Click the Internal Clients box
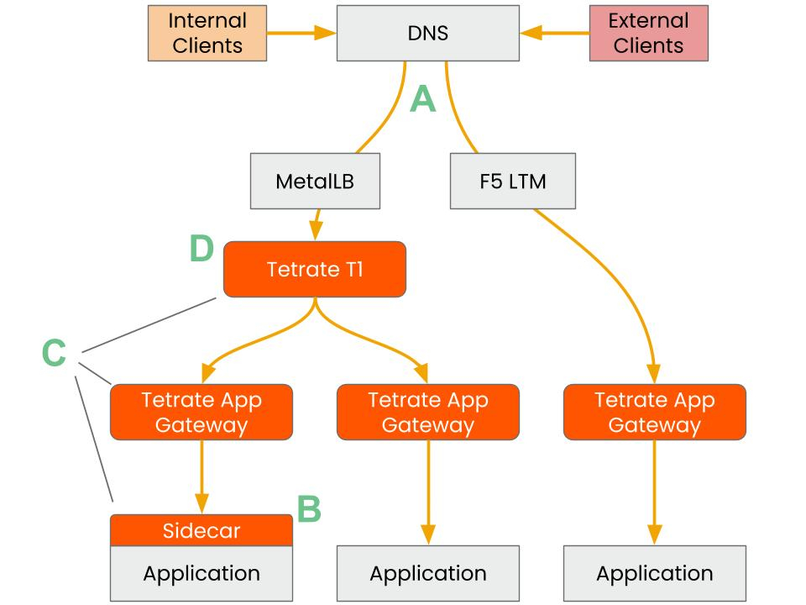click(x=207, y=34)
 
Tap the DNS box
click(x=427, y=34)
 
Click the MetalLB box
click(x=315, y=181)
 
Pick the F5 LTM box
click(x=513, y=181)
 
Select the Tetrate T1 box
click(x=315, y=270)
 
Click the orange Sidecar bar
click(x=201, y=530)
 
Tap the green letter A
click(x=423, y=100)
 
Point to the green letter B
click(x=309, y=508)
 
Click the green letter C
click(x=54, y=353)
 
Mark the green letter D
click(x=201, y=249)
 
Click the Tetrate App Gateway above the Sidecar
click(x=201, y=412)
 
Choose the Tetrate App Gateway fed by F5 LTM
click(x=654, y=412)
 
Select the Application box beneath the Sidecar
click(x=201, y=574)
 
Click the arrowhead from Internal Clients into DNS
click(x=327, y=34)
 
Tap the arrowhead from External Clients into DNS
click(x=530, y=34)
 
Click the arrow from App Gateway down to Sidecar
click(x=201, y=475)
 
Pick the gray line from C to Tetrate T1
click(x=151, y=324)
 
